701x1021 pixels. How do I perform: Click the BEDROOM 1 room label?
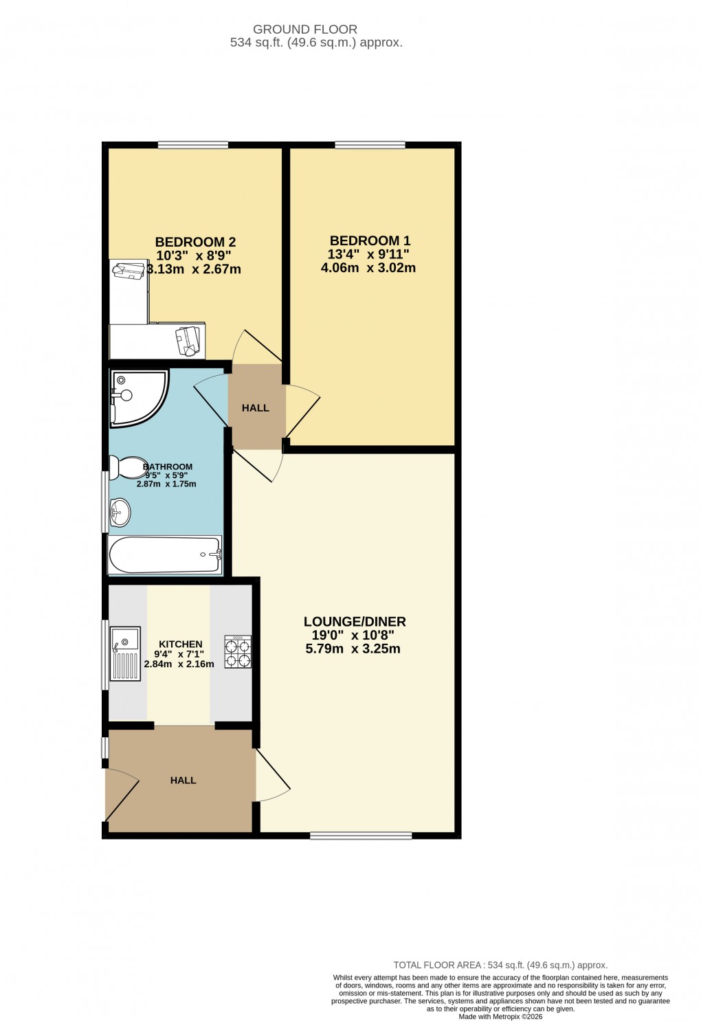370,240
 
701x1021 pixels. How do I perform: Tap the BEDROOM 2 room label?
195,242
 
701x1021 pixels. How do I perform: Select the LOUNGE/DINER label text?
355,621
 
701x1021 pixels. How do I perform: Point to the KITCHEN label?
181,644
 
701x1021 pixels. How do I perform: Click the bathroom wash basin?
120,510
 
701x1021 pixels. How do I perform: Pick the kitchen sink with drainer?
125,653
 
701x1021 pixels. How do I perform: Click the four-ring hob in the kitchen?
238,651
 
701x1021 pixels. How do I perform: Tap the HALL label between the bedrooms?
256,407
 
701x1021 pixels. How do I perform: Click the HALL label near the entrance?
183,780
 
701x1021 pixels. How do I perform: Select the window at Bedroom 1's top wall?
370,145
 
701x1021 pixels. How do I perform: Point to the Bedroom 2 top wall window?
193,145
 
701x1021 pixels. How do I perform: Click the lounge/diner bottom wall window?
361,835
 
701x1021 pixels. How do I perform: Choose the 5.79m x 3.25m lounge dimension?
353,649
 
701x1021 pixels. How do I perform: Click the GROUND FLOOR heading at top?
305,30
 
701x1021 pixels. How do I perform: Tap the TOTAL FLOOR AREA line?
500,965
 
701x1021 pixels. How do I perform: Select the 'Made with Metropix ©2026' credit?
500,1016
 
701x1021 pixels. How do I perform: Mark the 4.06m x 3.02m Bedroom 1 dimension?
368,268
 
